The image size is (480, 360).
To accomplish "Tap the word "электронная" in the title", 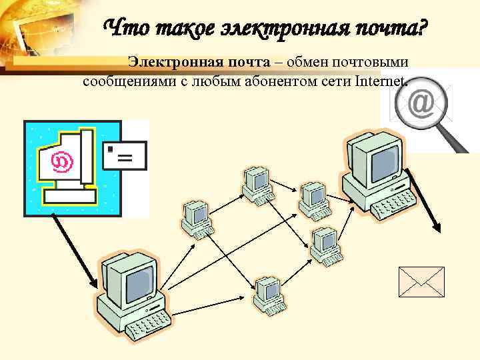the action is coord(279,29).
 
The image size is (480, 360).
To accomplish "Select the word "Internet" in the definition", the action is coord(380,81).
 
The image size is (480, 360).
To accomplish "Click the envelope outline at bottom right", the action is coord(421,281).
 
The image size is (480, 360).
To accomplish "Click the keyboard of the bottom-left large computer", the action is coord(151,327).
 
